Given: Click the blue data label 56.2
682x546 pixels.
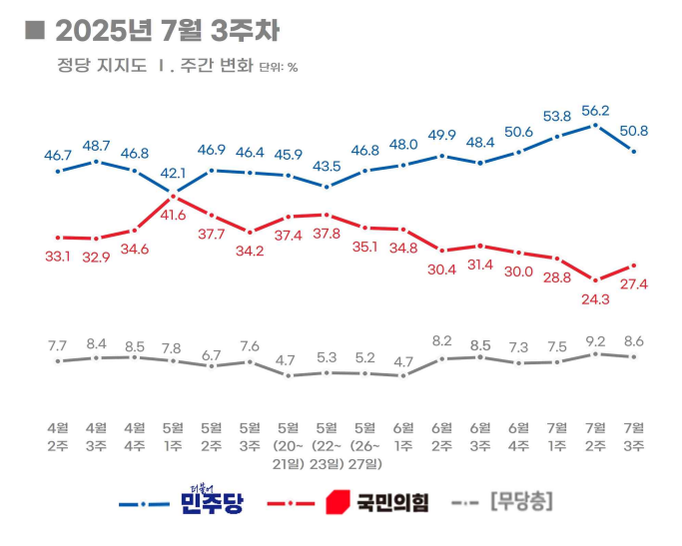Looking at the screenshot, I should (x=597, y=112).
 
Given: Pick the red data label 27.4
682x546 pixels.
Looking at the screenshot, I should (x=635, y=284).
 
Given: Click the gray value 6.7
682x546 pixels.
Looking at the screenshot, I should (x=212, y=355).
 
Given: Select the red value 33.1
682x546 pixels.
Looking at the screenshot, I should (x=57, y=255).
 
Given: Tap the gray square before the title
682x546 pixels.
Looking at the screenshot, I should (x=35, y=31).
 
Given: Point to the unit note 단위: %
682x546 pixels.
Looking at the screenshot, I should (x=279, y=68).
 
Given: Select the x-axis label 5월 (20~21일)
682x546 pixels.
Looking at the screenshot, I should (x=288, y=439).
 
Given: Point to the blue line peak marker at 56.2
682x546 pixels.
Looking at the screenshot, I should (x=596, y=126).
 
